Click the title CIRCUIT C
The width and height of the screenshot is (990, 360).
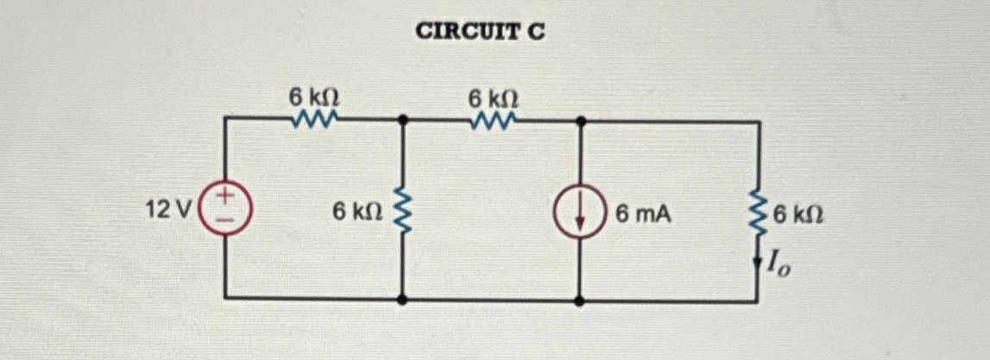pyautogui.click(x=481, y=33)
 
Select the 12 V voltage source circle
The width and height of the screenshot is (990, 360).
pyautogui.click(x=224, y=209)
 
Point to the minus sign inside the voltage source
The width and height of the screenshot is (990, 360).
pyautogui.click(x=224, y=220)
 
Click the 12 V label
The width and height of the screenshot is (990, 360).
pyautogui.click(x=171, y=209)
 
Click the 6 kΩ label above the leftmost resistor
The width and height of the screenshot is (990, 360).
pyautogui.click(x=313, y=98)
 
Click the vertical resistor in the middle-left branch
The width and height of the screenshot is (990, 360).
pyautogui.click(x=401, y=210)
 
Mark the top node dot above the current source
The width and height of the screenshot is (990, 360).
pyautogui.click(x=579, y=122)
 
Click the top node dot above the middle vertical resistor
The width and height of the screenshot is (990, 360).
pyautogui.click(x=401, y=122)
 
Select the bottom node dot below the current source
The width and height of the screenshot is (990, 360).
pyautogui.click(x=579, y=300)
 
